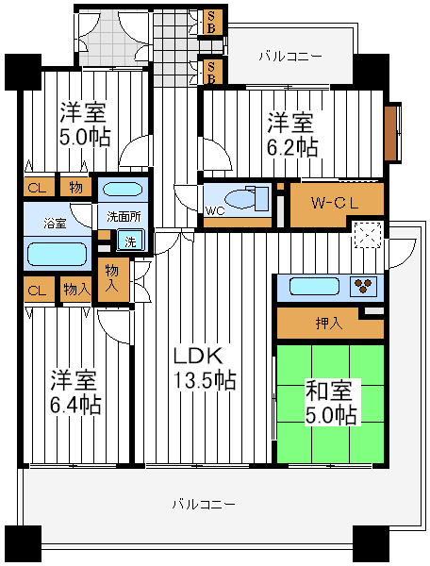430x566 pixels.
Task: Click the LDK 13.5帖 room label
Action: coord(205,368)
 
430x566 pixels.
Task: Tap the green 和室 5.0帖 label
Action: coord(331,402)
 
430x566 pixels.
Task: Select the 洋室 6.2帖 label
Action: coord(291,134)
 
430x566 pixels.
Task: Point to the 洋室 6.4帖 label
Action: coord(75,391)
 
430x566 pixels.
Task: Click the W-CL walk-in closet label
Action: coord(335,204)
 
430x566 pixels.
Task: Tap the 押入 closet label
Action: coord(328,324)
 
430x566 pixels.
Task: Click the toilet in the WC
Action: coord(247,198)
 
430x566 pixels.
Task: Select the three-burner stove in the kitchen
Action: coord(363,286)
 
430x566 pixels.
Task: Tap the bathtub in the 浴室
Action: coord(58,254)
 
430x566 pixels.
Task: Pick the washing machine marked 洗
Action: coord(130,241)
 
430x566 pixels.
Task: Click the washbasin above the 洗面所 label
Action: coord(123,190)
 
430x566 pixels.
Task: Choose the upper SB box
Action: coord(211,23)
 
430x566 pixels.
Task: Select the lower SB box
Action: coord(211,72)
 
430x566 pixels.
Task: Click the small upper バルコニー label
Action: coord(290,57)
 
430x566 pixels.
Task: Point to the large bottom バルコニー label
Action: coord(204,504)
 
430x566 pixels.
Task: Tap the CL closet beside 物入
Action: coord(38,290)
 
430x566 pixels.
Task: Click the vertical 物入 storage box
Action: coord(113,279)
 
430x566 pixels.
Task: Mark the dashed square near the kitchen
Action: coord(368,235)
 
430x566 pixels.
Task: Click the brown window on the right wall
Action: coord(389,133)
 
